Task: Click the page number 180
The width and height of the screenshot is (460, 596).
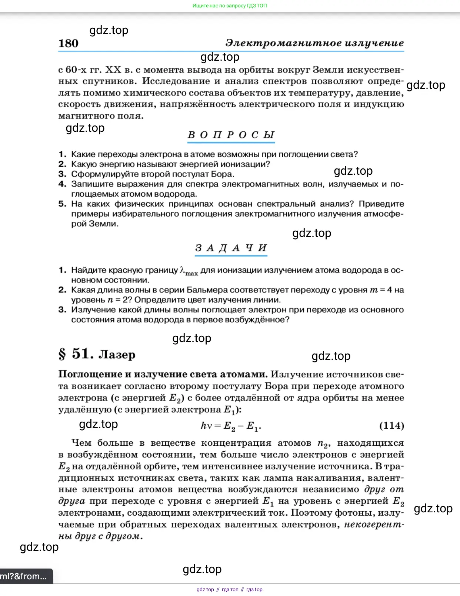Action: pos(69,43)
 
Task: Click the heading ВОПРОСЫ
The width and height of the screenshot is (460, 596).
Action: pos(231,135)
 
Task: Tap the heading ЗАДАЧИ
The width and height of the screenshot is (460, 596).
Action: pos(231,248)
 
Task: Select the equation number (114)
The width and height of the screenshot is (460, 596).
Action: pos(391,425)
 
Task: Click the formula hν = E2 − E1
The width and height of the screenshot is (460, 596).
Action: pos(231,426)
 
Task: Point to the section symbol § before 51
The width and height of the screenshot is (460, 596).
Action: pos(62,354)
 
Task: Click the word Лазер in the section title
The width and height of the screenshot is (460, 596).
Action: pos(117,355)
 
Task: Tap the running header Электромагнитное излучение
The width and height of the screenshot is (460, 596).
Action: pos(314,43)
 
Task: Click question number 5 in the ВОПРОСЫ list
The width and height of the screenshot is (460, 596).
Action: pos(62,204)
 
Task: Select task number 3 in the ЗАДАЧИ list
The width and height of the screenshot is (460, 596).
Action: pos(62,310)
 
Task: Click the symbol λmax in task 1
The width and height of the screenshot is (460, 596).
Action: pos(189,271)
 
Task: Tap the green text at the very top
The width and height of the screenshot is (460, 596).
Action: pos(230,6)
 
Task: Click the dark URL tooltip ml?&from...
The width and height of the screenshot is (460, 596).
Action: pos(24,576)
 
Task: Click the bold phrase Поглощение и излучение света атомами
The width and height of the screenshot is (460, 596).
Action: pos(163,374)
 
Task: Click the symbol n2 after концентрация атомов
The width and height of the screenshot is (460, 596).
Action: pos(324,443)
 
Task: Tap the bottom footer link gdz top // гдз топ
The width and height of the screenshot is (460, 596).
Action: pos(229,589)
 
